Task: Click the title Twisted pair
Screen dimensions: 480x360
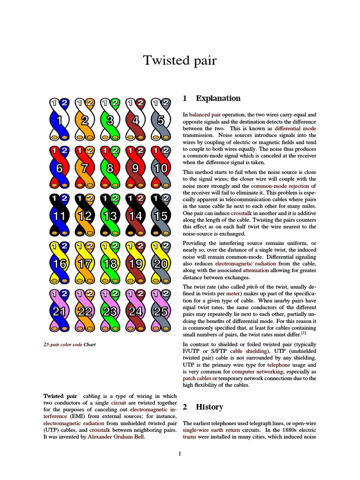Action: coord(180,60)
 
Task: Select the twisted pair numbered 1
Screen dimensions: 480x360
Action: coord(60,120)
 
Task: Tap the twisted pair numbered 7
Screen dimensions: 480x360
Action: coord(85,168)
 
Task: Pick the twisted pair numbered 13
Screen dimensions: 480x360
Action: coord(110,216)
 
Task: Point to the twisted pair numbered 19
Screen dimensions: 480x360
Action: coord(135,264)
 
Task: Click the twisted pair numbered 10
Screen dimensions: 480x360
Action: coord(161,168)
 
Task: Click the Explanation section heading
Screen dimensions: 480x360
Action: coord(218,98)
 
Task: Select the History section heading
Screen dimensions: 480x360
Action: coord(209,406)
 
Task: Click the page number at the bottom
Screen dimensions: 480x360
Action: coord(180,453)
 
